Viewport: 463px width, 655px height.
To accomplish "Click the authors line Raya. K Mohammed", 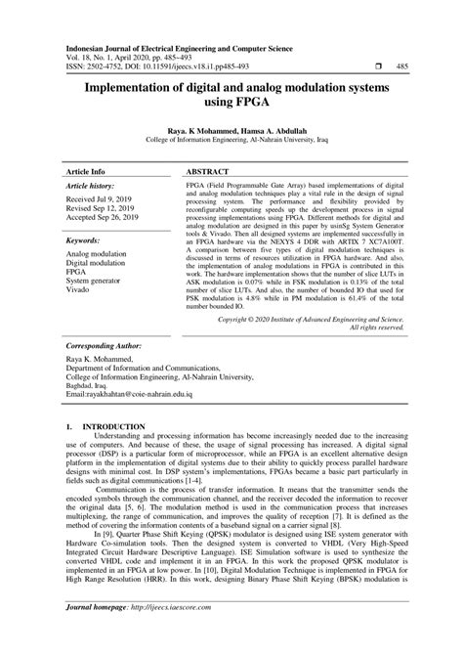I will coord(232,130).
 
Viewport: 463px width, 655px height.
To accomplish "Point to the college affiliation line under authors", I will coord(232,140).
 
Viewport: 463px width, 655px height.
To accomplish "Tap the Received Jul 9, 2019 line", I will coord(102,198).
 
